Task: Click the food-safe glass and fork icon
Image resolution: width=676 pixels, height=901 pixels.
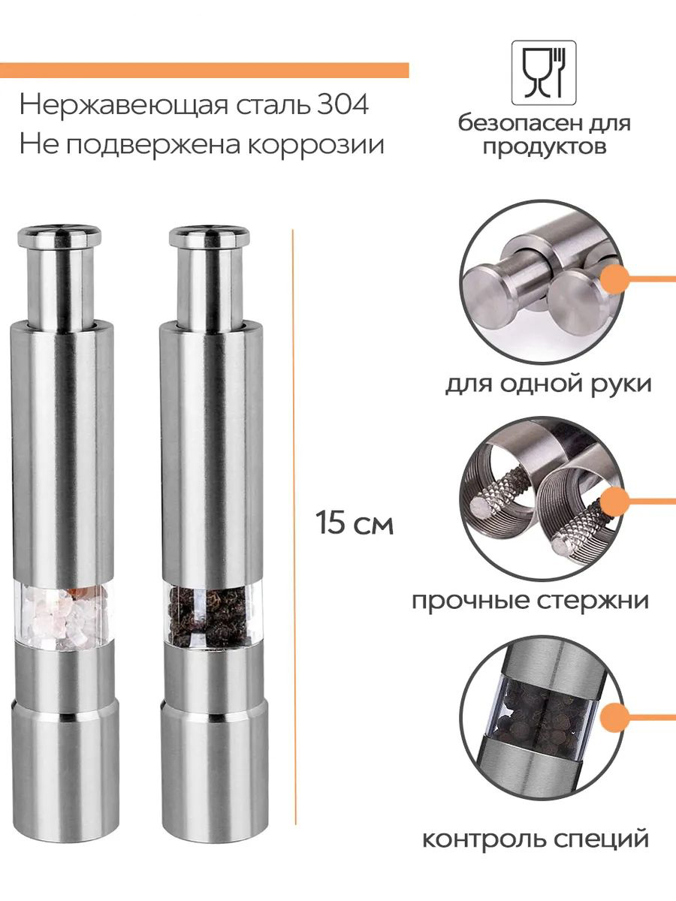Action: [544, 73]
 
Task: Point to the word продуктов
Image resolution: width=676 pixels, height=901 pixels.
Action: [545, 146]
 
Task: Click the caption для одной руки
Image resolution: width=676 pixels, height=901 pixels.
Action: [548, 385]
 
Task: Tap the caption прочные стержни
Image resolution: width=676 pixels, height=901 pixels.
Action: [531, 601]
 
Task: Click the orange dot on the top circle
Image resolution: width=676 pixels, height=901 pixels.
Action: [615, 279]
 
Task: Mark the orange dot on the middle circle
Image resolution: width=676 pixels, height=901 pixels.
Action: [615, 502]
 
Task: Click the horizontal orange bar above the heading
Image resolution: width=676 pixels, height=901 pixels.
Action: [204, 70]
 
